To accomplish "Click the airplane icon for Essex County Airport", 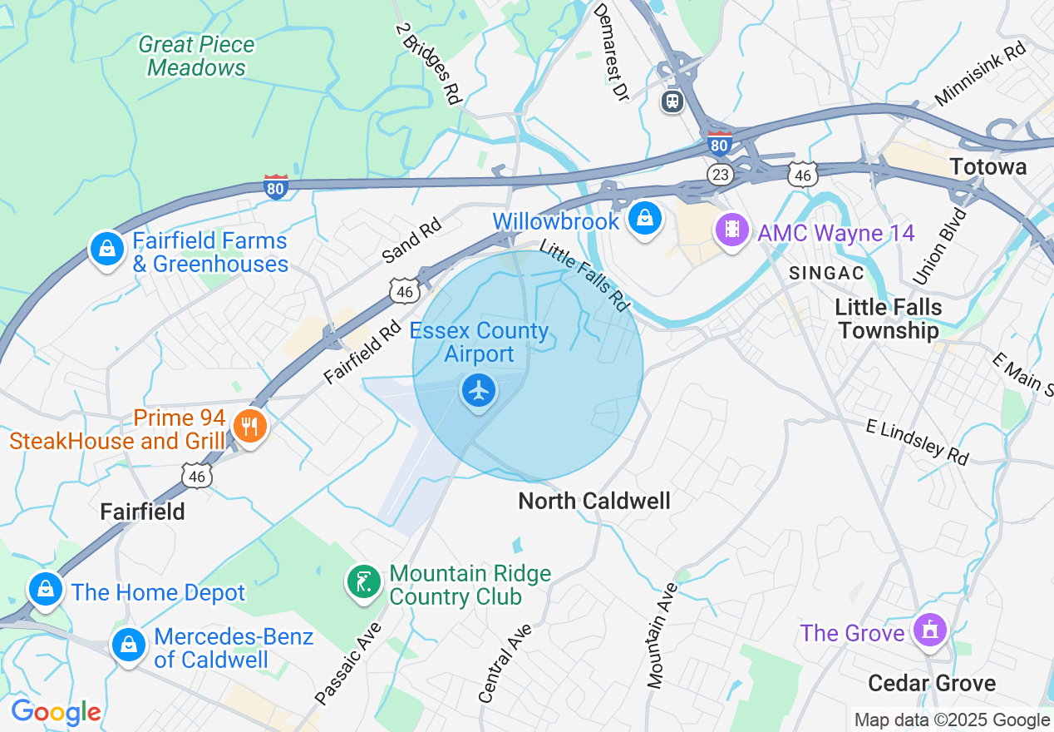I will pyautogui.click(x=478, y=390).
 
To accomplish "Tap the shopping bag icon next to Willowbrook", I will pyautogui.click(x=644, y=220).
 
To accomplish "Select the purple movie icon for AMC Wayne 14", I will pyautogui.click(x=732, y=228).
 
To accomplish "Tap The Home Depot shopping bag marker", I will pyautogui.click(x=46, y=590).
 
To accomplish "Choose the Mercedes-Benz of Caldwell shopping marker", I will pyautogui.click(x=129, y=645).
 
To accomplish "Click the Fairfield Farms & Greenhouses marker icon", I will pyautogui.click(x=107, y=248).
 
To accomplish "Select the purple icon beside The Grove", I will pyautogui.click(x=929, y=631).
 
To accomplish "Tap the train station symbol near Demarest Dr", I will pyautogui.click(x=672, y=101).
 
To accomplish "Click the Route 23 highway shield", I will pyautogui.click(x=720, y=174).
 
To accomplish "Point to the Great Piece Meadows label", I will pyautogui.click(x=197, y=56).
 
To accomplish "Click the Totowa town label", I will pyautogui.click(x=988, y=166).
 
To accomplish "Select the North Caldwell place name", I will pyautogui.click(x=593, y=501).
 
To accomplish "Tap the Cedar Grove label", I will pyautogui.click(x=932, y=683).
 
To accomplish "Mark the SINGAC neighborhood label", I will pyautogui.click(x=826, y=273).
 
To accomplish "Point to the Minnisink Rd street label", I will pyautogui.click(x=981, y=74).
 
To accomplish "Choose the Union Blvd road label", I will pyautogui.click(x=951, y=245).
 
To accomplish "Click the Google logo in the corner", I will pyautogui.click(x=56, y=712).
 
